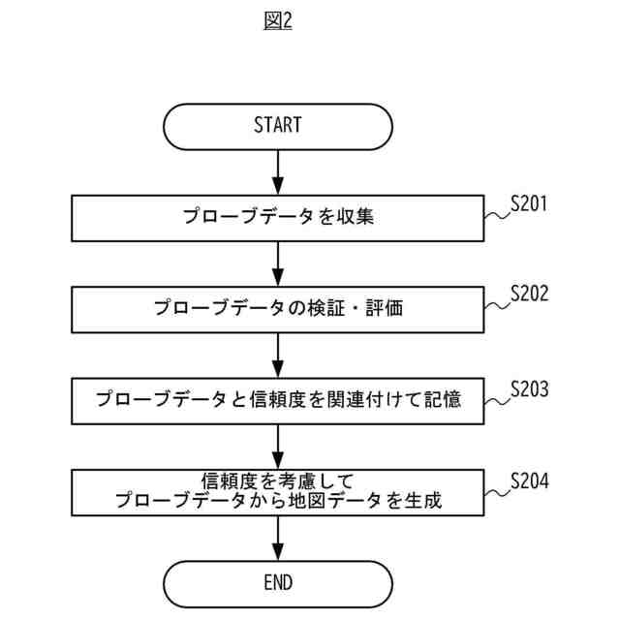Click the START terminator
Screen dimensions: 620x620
(x=278, y=125)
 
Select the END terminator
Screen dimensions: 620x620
(x=278, y=582)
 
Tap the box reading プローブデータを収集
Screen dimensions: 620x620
(x=278, y=218)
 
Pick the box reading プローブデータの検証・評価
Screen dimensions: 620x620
(x=278, y=309)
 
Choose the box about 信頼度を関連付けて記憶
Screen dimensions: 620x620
(x=278, y=399)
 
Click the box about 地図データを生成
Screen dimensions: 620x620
(x=278, y=492)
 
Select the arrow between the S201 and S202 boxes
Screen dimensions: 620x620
(x=278, y=264)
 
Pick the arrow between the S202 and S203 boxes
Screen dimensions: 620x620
(x=278, y=355)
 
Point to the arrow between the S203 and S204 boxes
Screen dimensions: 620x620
(x=278, y=446)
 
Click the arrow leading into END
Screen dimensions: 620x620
(x=278, y=538)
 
